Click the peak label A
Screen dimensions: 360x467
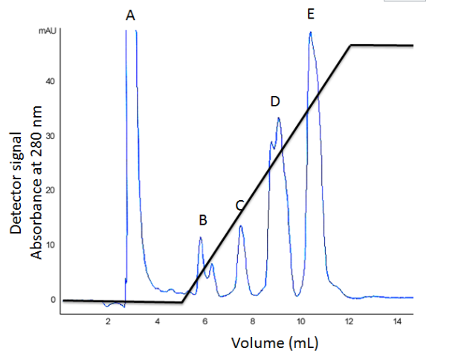coord(130,15)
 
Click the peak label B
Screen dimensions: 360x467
coord(202,220)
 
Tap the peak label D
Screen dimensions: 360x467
coord(274,101)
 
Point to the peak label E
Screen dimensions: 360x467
coord(310,14)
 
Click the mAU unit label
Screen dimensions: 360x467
coord(45,32)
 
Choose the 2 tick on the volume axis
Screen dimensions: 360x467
coord(109,321)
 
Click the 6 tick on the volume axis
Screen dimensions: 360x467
coord(204,321)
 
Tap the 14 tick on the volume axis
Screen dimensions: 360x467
coord(396,321)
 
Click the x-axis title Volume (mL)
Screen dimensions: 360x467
coord(277,344)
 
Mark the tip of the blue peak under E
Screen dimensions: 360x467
coord(310,33)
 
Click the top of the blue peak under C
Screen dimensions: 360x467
coord(241,226)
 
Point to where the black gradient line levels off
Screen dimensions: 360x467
coord(351,45)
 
